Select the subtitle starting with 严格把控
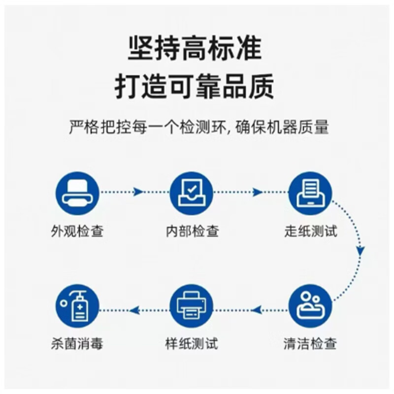pyautogui.click(x=198, y=127)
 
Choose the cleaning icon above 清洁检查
pyautogui.click(x=310, y=306)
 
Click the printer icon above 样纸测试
pyautogui.click(x=192, y=306)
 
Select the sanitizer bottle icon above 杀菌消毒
pyautogui.click(x=77, y=306)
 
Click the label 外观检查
pyautogui.click(x=77, y=231)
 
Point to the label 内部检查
pyautogui.click(x=192, y=231)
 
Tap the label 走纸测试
pyautogui.click(x=311, y=231)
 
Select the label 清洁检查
pyautogui.click(x=311, y=343)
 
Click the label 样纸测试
pyautogui.click(x=192, y=343)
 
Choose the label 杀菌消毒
pyautogui.click(x=77, y=343)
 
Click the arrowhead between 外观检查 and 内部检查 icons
pyautogui.click(x=138, y=192)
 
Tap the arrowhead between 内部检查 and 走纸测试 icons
pyautogui.click(x=257, y=192)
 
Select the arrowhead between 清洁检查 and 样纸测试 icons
pyautogui.click(x=256, y=310)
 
